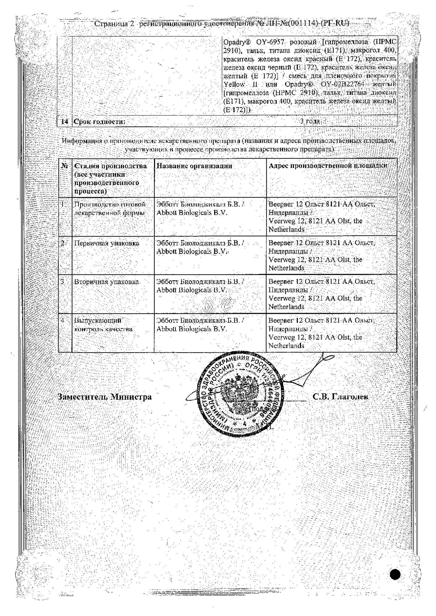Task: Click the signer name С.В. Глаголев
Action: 340,397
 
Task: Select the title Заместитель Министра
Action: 105,397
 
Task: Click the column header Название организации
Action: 194,166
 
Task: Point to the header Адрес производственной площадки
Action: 328,166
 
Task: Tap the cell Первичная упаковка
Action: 106,243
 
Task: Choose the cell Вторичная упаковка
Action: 106,282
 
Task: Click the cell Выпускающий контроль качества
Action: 103,325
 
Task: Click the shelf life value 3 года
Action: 310,121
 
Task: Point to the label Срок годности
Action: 99,122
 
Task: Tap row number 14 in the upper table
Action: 64,122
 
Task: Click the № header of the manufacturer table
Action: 64,166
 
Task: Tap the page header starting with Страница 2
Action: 221,23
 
